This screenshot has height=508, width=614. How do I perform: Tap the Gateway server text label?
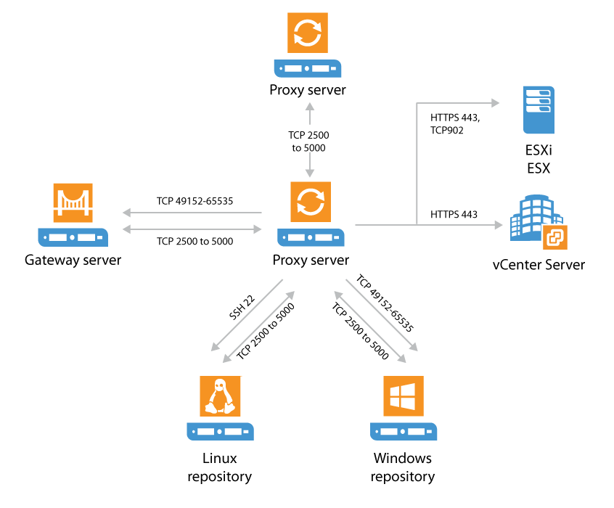73,260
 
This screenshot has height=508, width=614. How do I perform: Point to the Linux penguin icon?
220,397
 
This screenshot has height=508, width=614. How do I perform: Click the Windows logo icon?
402,397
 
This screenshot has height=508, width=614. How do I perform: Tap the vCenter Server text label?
538,265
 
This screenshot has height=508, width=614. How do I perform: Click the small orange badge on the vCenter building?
555,237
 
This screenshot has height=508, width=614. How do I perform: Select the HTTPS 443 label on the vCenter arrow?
454,214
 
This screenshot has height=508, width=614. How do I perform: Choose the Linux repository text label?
219,467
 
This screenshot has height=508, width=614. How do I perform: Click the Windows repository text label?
402,467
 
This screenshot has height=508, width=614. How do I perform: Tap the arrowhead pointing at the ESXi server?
494,103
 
